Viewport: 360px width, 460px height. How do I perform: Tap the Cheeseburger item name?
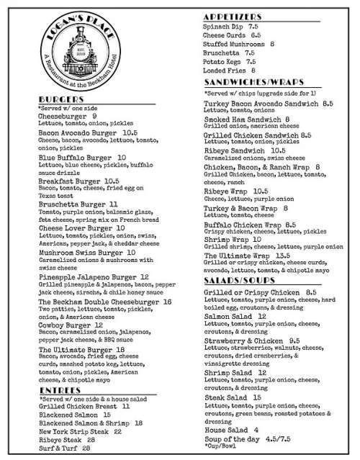(63, 115)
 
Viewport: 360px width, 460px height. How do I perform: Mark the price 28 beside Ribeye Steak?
(91, 439)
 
